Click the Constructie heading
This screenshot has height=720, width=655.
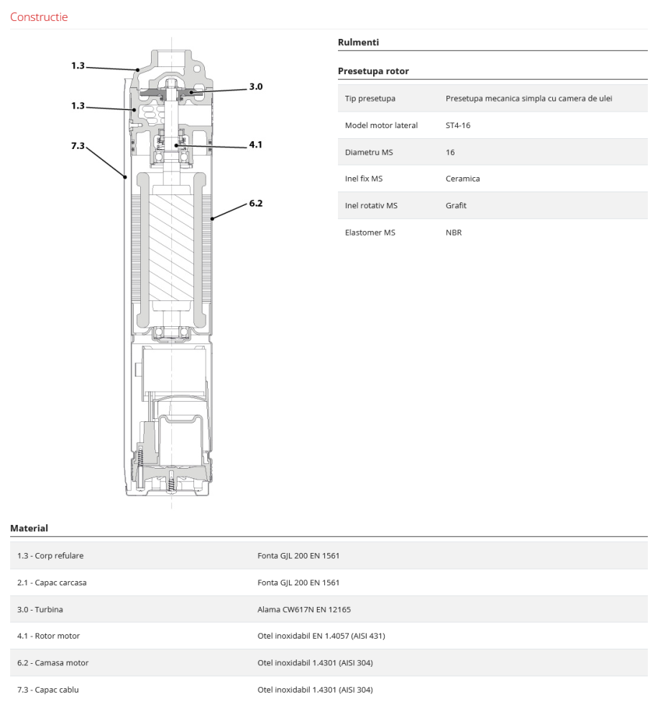pyautogui.click(x=39, y=17)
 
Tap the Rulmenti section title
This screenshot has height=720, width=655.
pyautogui.click(x=358, y=42)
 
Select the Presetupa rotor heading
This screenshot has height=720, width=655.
pyautogui.click(x=373, y=71)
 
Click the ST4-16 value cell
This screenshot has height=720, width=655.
pyautogui.click(x=458, y=125)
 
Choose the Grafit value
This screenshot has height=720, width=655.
pyautogui.click(x=456, y=205)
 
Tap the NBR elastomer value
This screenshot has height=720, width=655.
pyautogui.click(x=454, y=233)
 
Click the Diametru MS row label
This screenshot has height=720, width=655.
pyautogui.click(x=369, y=152)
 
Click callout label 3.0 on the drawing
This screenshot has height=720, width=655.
pyautogui.click(x=256, y=86)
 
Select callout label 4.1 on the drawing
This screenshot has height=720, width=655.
pyautogui.click(x=256, y=144)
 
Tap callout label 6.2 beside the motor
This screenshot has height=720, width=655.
pyautogui.click(x=256, y=203)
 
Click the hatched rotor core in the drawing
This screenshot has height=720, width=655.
pyautogui.click(x=170, y=244)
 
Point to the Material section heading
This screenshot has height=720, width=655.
pyautogui.click(x=29, y=528)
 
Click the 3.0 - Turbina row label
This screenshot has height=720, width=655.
pyautogui.click(x=40, y=609)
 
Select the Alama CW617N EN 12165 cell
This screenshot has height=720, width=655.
pyautogui.click(x=304, y=609)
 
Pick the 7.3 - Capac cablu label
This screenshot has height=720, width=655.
pyautogui.click(x=48, y=690)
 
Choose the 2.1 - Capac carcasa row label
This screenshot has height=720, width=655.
pyautogui.click(x=52, y=582)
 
